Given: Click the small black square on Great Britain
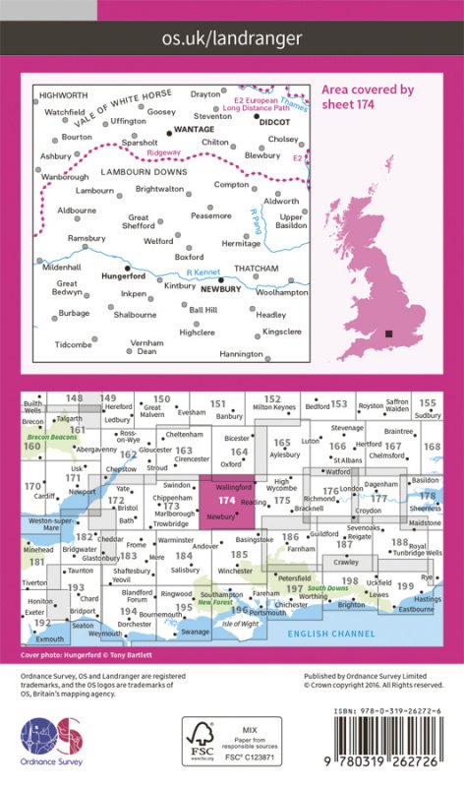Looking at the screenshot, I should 390,334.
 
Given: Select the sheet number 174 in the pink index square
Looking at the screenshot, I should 219,500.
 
